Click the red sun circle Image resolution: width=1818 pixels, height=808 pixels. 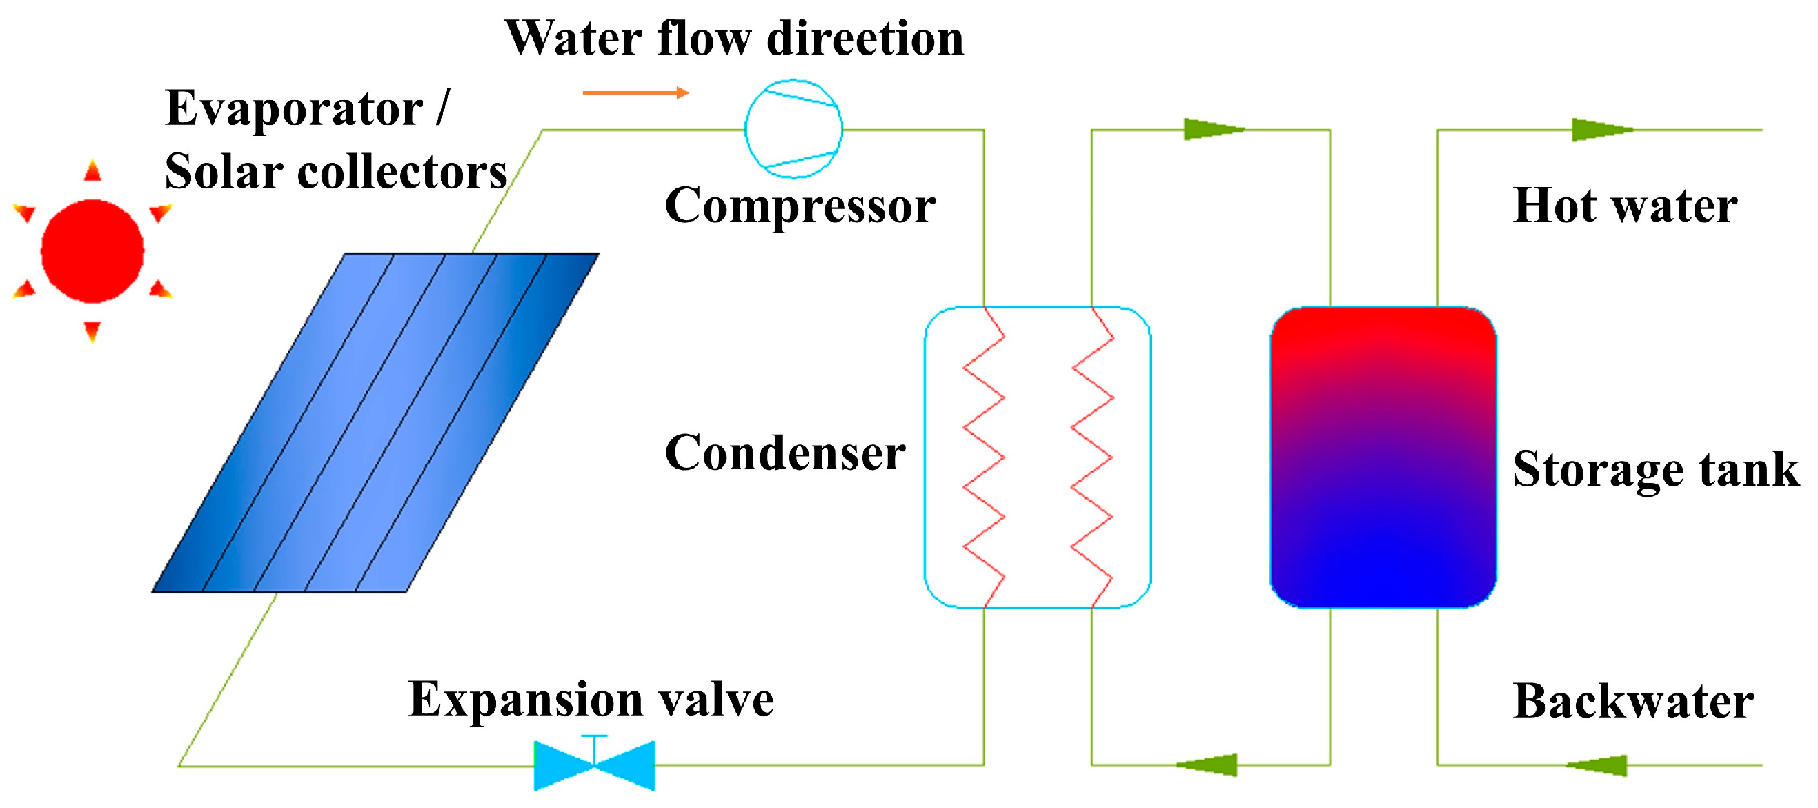pyautogui.click(x=92, y=251)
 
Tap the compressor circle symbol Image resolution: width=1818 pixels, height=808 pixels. pyautogui.click(x=793, y=128)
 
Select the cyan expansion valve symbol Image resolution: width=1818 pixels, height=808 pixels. pyautogui.click(x=594, y=766)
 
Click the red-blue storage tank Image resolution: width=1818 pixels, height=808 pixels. pyautogui.click(x=1383, y=457)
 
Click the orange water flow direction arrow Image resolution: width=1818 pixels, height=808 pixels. pyautogui.click(x=635, y=92)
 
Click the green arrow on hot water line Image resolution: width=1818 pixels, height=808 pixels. pyautogui.click(x=1601, y=130)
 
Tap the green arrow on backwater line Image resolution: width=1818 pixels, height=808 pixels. pyautogui.click(x=1598, y=765)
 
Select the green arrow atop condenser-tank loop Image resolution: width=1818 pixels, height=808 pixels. pyautogui.click(x=1212, y=130)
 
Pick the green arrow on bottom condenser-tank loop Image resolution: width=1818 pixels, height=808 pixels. pyautogui.click(x=1208, y=765)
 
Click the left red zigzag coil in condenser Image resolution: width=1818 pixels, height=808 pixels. pyautogui.click(x=984, y=457)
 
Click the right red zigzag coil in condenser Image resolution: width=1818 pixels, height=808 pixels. pyautogui.click(x=1091, y=457)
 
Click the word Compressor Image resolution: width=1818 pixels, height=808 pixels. pyautogui.click(x=800, y=206)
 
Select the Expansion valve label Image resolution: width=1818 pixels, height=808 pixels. pyautogui.click(x=591, y=700)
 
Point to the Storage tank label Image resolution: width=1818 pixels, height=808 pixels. pyautogui.click(x=1656, y=469)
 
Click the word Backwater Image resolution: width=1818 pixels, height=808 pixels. pyautogui.click(x=1632, y=702)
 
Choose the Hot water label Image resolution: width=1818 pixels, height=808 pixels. pyautogui.click(x=1625, y=206)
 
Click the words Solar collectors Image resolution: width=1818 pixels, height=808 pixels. pyautogui.click(x=335, y=172)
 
